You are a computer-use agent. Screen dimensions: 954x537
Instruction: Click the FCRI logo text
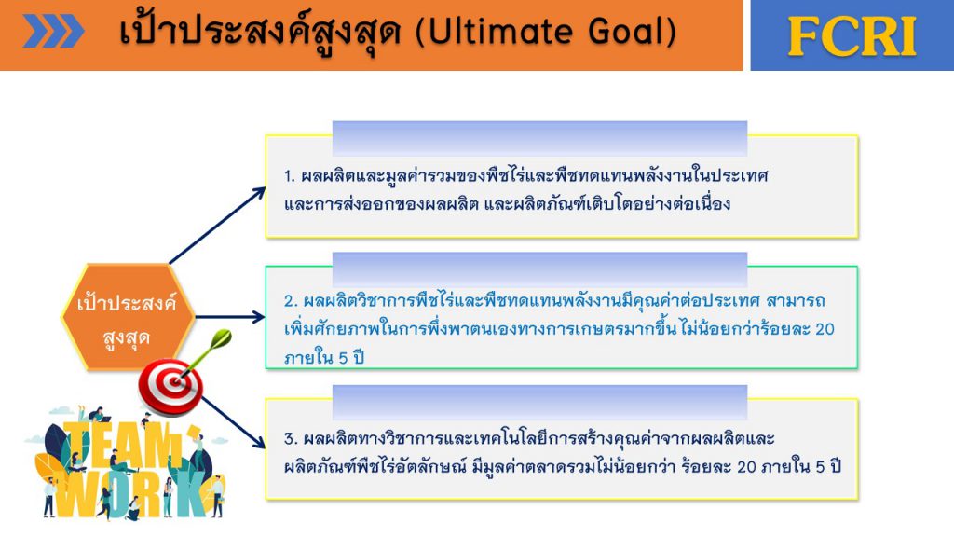[852, 36]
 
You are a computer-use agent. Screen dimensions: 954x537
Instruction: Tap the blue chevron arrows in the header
[53, 31]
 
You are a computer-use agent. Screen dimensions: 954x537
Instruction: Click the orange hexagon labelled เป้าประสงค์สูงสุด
[128, 317]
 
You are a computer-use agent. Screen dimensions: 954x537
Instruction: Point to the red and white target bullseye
[171, 386]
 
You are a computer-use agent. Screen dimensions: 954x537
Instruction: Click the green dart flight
[220, 339]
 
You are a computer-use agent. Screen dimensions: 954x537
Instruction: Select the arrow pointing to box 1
[217, 226]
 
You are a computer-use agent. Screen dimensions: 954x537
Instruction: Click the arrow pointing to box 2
[230, 317]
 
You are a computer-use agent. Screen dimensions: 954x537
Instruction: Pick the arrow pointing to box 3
[234, 422]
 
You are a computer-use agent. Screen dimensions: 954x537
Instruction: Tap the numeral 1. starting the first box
[290, 176]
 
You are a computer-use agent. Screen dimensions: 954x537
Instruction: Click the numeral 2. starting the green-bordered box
[291, 301]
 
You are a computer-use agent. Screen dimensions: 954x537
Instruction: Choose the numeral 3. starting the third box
[291, 439]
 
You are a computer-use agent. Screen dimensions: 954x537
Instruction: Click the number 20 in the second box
[825, 329]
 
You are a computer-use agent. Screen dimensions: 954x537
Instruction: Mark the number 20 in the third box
[746, 467]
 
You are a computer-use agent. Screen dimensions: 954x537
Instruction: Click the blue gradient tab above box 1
[539, 138]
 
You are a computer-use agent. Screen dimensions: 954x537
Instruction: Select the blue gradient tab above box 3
[539, 402]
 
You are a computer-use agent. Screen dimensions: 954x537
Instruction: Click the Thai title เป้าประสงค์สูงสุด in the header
[260, 31]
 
